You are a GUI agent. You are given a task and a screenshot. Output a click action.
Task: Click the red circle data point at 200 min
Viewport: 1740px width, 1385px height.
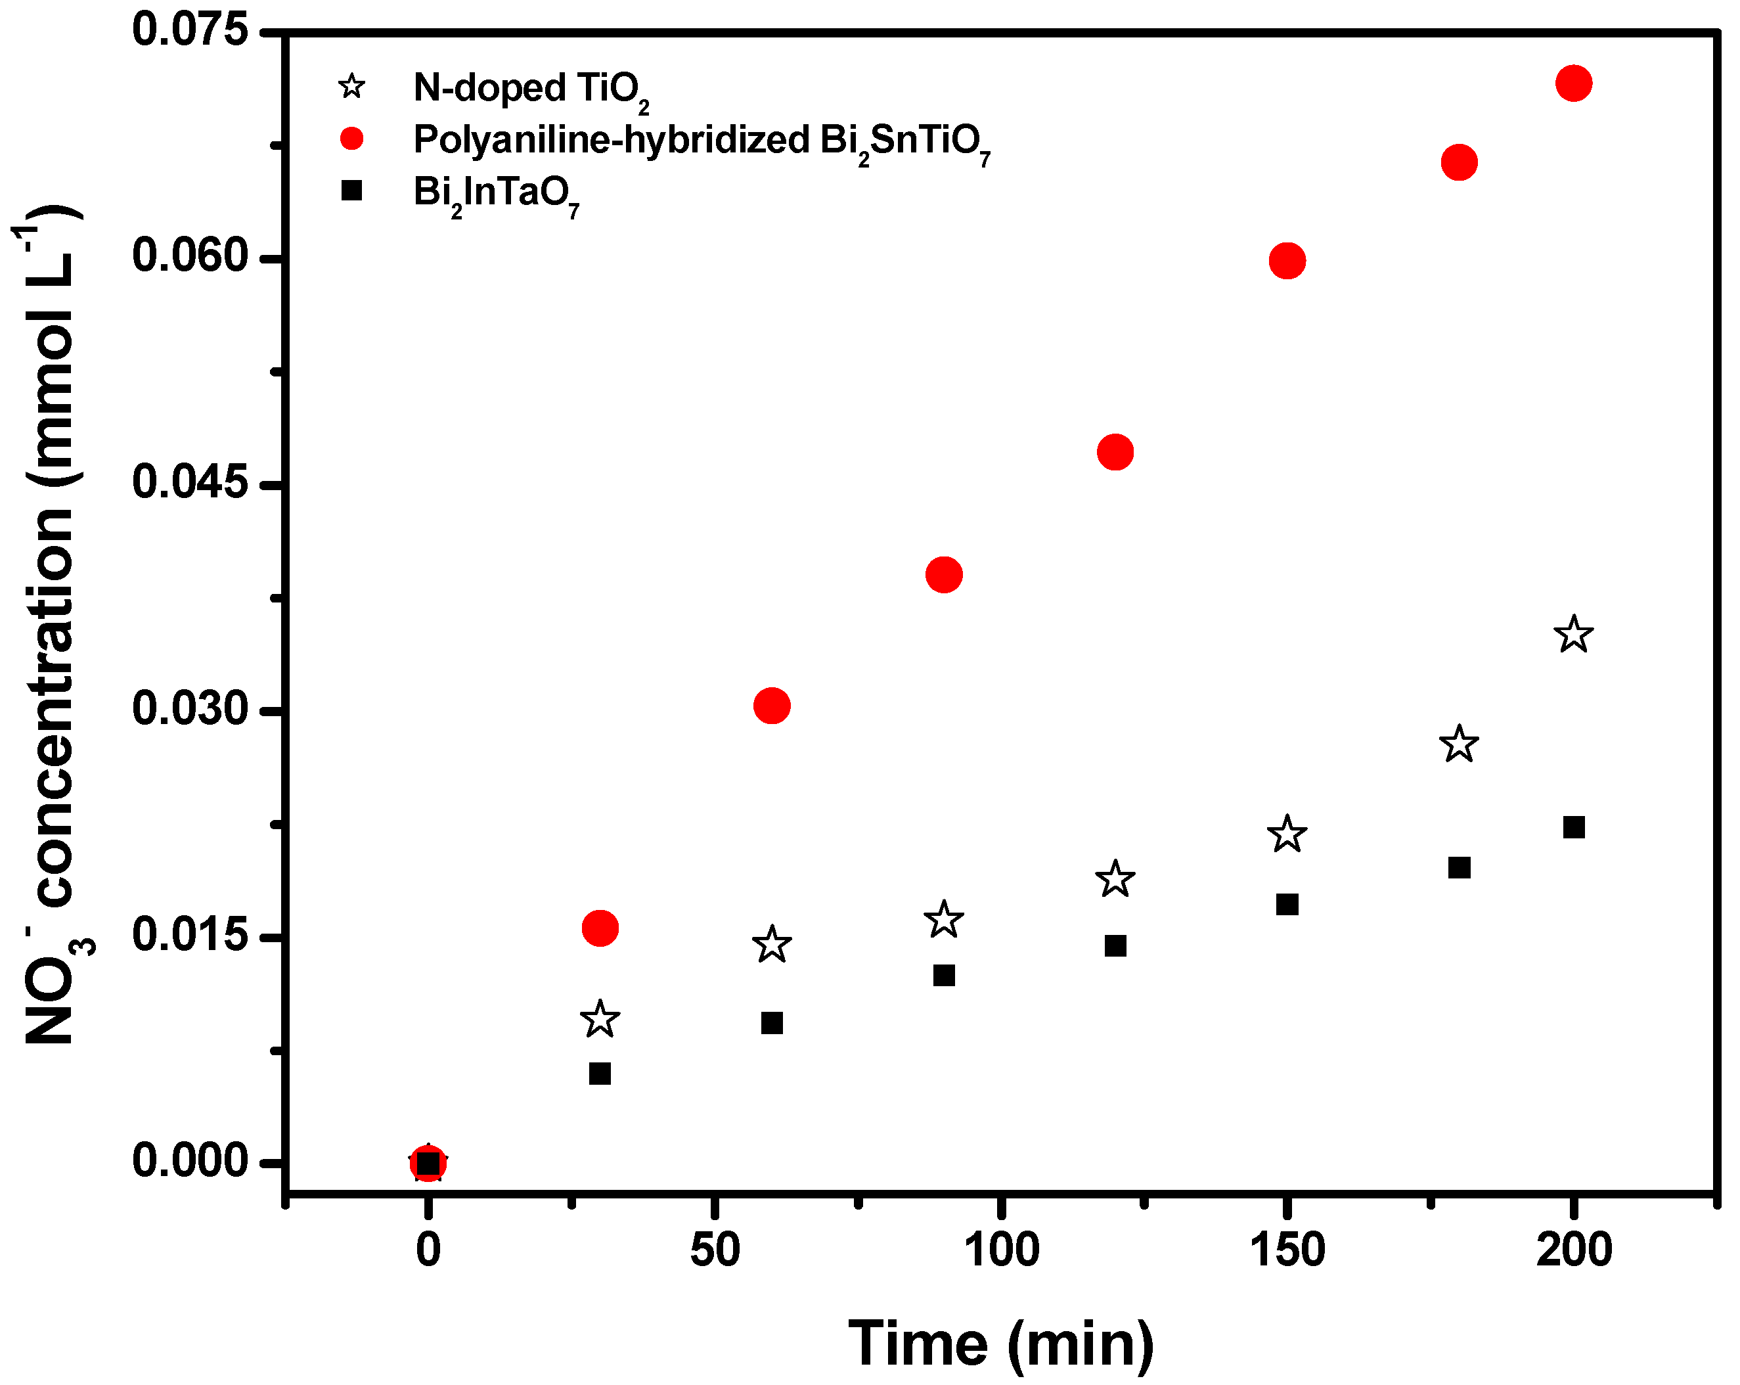tap(1573, 83)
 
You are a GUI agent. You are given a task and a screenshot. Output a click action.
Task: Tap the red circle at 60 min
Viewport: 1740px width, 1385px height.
tap(772, 706)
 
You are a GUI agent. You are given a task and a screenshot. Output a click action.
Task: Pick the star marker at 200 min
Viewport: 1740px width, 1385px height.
tap(1573, 635)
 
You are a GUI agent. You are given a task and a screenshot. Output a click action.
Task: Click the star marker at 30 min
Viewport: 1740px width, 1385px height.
tap(600, 1020)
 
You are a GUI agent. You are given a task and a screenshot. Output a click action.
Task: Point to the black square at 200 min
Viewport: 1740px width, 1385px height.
tap(1574, 827)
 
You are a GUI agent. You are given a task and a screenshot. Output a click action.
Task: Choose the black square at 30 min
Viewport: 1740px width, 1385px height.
tap(600, 1074)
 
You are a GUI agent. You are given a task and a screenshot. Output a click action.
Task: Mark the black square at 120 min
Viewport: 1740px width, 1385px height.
tap(1115, 946)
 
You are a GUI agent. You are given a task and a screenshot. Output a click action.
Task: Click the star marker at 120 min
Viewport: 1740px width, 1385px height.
tap(1115, 878)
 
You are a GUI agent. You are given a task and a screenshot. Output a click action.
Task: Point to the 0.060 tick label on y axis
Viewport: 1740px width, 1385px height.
tap(190, 257)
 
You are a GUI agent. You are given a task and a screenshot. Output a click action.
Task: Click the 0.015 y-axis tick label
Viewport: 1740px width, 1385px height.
tap(190, 936)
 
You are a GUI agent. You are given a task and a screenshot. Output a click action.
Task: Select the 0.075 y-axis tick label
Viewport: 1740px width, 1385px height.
tap(190, 31)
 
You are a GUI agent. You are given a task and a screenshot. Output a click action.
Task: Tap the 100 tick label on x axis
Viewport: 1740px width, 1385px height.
tap(1001, 1250)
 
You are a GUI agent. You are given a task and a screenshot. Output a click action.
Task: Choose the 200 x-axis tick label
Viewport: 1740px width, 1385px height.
tap(1573, 1250)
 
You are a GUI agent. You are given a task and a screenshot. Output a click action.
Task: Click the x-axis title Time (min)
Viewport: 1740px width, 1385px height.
tap(1001, 1343)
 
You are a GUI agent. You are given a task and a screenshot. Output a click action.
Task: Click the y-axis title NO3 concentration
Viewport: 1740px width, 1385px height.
tap(53, 629)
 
